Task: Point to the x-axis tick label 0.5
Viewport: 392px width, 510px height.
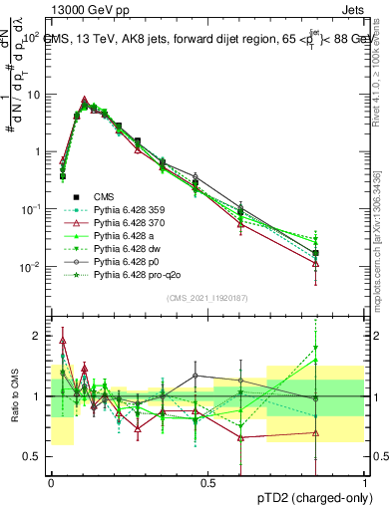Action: [x=207, y=482]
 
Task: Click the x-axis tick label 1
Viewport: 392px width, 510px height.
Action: [x=365, y=482]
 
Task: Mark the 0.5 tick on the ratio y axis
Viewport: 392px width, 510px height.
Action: [x=37, y=456]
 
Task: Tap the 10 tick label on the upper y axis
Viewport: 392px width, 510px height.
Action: [x=35, y=95]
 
